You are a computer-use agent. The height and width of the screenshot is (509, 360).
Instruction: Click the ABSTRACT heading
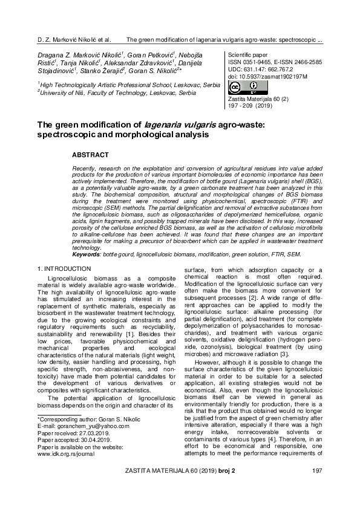click(x=90, y=155)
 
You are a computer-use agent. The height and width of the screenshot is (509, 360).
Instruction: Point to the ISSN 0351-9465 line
click(x=249, y=62)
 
